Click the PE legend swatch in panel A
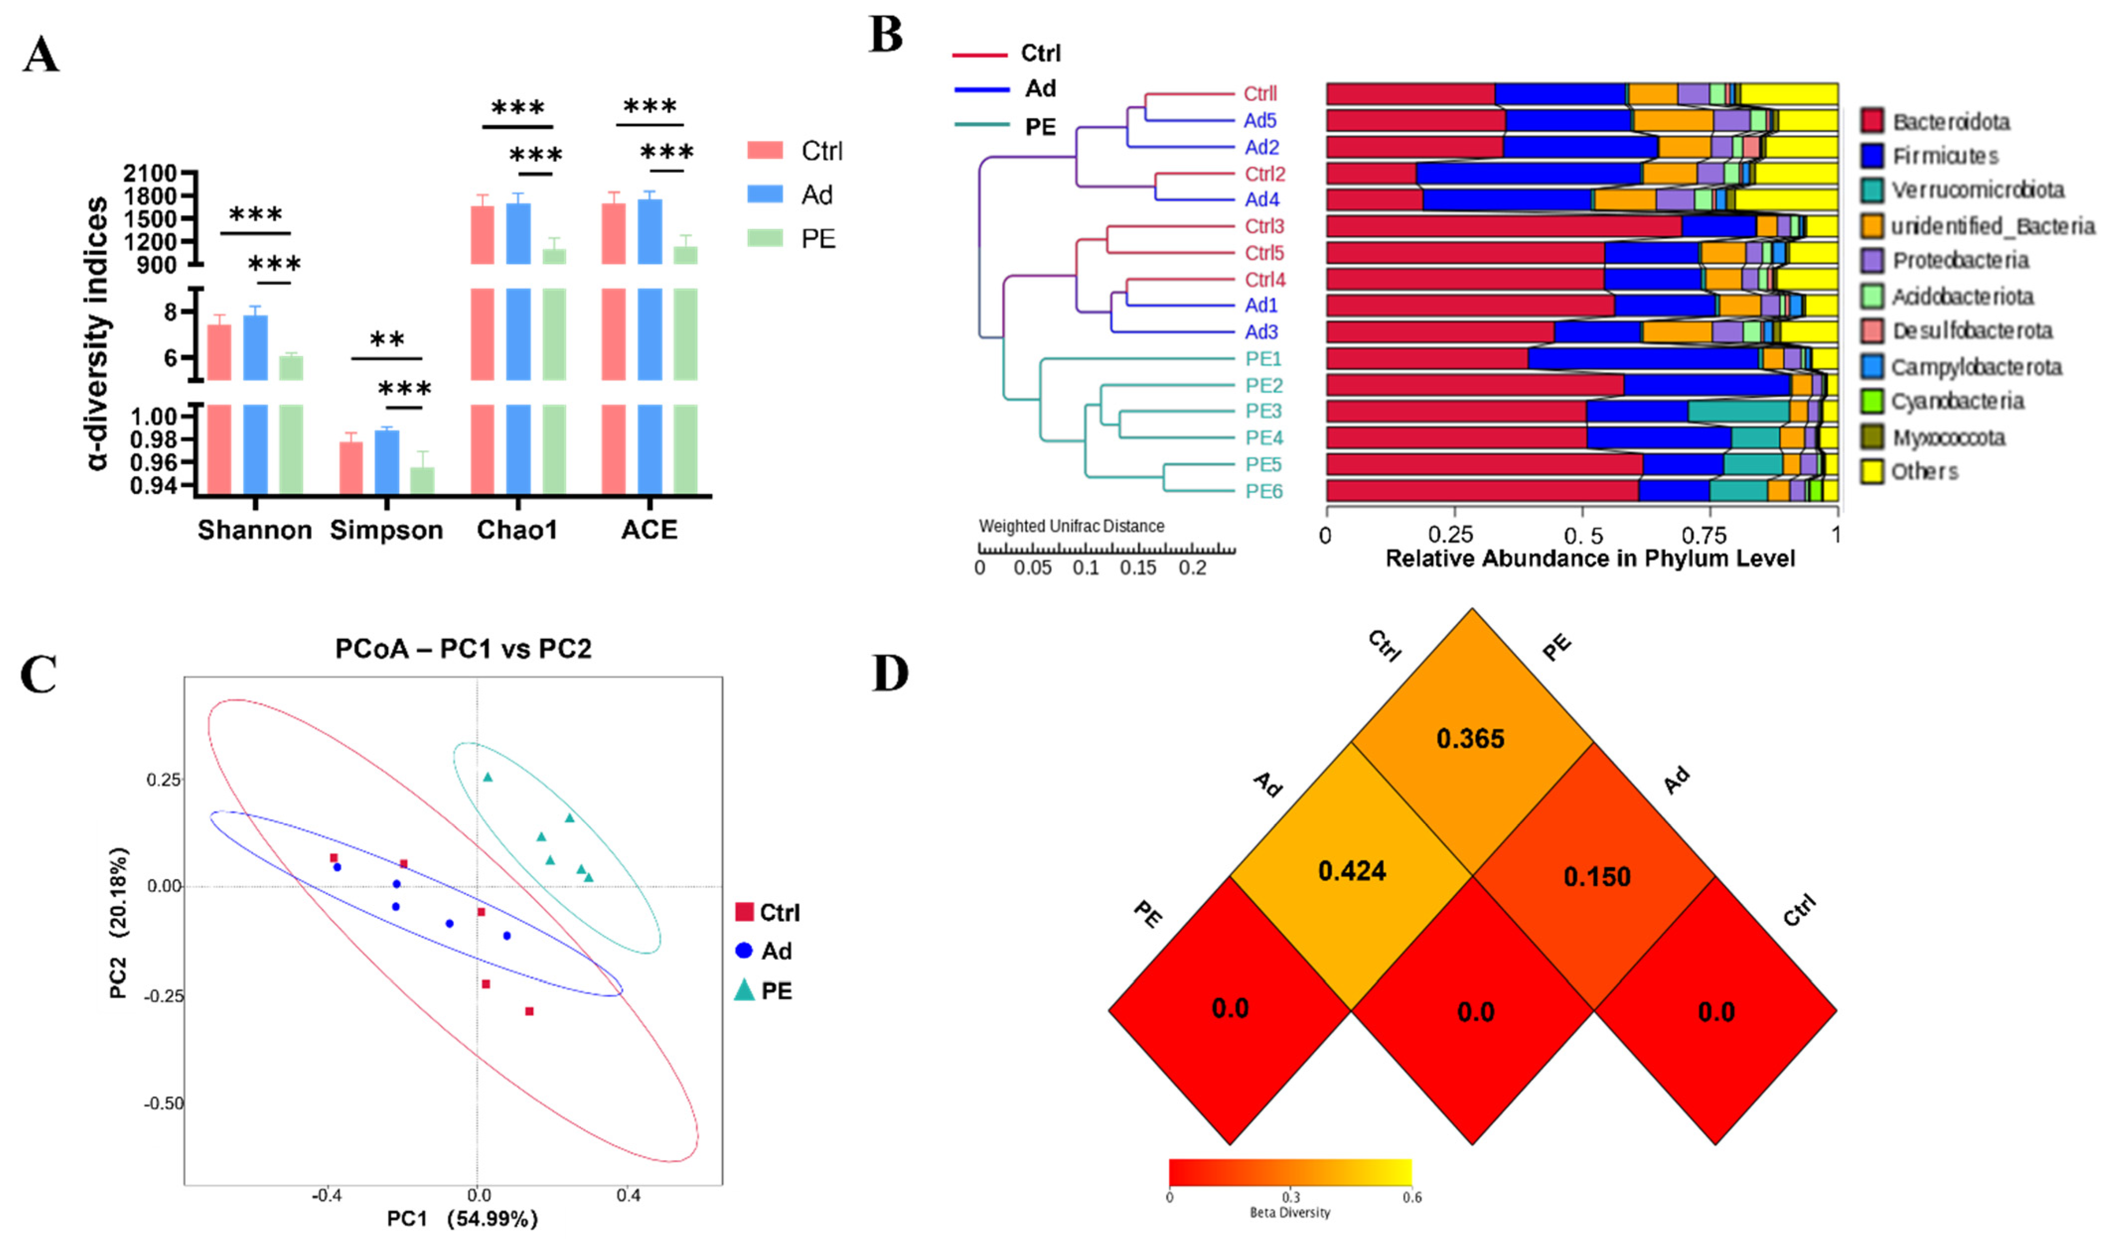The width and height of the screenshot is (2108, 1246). tap(764, 238)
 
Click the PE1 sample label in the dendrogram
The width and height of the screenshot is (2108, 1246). tap(1263, 359)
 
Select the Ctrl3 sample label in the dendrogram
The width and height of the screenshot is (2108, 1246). tap(1264, 227)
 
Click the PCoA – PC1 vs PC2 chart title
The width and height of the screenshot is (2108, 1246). tap(463, 649)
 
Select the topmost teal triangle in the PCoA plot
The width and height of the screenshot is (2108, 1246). tap(488, 777)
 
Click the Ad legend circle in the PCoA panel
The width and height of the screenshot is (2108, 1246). tap(743, 951)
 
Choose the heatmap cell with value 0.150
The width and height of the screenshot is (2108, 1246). tap(1596, 877)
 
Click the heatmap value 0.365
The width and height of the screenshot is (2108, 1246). tap(1470, 739)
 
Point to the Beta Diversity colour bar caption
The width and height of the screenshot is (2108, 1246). tap(1290, 1212)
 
